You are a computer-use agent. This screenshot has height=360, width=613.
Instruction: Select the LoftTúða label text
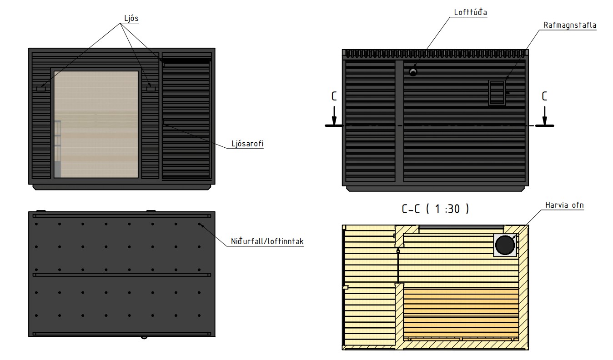pos(470,12)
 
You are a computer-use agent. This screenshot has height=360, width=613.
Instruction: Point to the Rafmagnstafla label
pos(570,25)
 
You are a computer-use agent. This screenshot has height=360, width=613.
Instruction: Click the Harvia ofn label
pos(564,205)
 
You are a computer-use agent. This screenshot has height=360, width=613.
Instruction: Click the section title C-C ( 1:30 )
pos(435,209)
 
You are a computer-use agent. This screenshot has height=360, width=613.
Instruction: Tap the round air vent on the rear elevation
pos(413,72)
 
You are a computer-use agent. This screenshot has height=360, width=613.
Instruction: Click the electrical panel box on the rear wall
pos(497,93)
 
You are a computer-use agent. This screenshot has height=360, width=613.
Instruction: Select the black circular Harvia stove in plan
pos(505,245)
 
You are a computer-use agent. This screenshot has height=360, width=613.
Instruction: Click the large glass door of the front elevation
pos(96,124)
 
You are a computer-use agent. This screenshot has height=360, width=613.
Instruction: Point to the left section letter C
pos(334,96)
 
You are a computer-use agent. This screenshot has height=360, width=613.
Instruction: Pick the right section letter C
pos(544,96)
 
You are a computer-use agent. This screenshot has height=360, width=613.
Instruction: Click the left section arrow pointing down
pos(334,116)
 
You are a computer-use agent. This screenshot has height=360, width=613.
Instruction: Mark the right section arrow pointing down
pos(544,116)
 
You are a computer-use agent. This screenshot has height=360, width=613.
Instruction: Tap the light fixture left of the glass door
pos(41,89)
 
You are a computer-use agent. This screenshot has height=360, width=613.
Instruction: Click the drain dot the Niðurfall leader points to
pos(199,224)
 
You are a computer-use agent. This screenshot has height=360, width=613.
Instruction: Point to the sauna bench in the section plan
pos(461,314)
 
